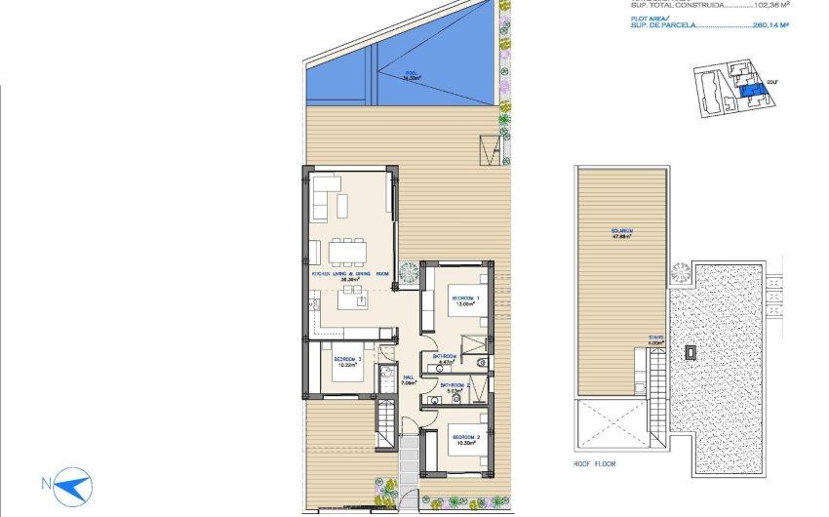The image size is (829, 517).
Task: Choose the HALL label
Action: click(x=410, y=378)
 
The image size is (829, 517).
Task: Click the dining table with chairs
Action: click(x=348, y=253)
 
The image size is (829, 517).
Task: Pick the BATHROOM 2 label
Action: click(x=455, y=387)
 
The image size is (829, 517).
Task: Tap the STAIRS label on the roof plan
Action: click(x=656, y=340)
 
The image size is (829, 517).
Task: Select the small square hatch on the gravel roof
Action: click(x=691, y=350)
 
